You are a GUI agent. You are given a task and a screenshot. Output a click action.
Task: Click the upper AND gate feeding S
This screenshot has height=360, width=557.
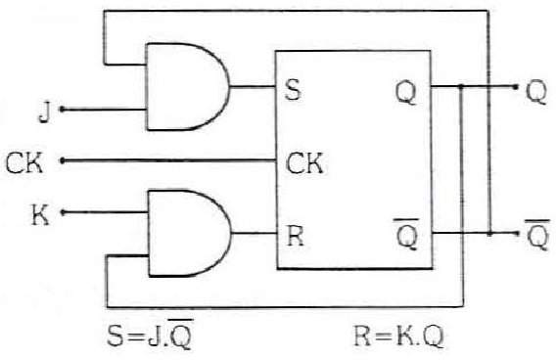click(x=188, y=87)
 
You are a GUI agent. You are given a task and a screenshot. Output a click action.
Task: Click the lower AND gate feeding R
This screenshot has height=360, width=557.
click(x=189, y=233)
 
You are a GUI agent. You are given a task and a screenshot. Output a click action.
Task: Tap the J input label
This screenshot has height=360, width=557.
click(x=44, y=112)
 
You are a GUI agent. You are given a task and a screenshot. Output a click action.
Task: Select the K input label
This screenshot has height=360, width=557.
click(x=40, y=215)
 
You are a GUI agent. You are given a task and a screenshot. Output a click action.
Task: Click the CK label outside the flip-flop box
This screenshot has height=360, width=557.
click(x=24, y=163)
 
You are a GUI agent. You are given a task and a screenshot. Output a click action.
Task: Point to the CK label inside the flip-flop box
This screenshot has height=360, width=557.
click(x=304, y=163)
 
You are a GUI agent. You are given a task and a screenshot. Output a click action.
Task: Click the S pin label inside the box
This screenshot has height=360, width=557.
click(x=293, y=90)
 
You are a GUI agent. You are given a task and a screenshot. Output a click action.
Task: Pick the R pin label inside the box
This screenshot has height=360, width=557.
click(x=296, y=236)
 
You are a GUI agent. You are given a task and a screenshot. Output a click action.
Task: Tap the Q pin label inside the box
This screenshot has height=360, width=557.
click(x=406, y=92)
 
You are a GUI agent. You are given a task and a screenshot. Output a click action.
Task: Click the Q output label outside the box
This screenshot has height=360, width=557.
click(x=536, y=92)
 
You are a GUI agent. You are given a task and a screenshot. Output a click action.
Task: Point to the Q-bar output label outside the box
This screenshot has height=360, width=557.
click(x=537, y=235)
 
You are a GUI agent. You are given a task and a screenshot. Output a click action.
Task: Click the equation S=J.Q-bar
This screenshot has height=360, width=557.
click(x=150, y=334)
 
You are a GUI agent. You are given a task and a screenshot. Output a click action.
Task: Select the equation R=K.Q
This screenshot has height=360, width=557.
click(x=398, y=336)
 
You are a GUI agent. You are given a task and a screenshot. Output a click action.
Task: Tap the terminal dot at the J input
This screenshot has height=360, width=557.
click(x=63, y=110)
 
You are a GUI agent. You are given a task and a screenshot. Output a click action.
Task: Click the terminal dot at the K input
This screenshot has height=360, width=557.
click(x=63, y=212)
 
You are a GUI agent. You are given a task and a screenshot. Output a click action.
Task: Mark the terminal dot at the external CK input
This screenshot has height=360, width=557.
click(x=63, y=160)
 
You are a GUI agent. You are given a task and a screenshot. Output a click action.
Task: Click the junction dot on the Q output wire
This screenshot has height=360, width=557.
click(x=461, y=86)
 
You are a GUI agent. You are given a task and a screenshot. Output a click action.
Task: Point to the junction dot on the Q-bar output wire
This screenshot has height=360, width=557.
click(x=489, y=234)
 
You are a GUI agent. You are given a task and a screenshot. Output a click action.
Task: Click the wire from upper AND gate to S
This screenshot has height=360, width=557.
click(x=253, y=86)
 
